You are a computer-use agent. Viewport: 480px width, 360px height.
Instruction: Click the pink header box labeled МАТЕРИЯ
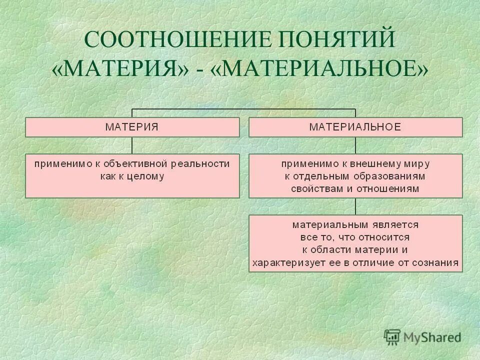(x=132, y=127)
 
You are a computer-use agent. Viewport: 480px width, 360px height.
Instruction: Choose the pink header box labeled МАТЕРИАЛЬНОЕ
(x=355, y=127)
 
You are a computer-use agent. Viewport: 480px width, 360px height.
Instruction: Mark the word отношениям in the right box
(x=393, y=189)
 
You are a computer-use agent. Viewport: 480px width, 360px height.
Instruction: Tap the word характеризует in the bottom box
(x=283, y=262)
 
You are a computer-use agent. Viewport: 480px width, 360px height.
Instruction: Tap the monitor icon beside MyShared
(x=392, y=337)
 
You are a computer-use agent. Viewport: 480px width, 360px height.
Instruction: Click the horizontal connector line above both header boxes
(x=243, y=108)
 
